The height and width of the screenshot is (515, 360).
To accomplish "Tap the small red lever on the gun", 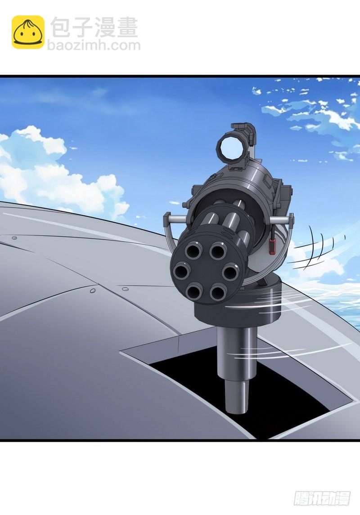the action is [272, 246].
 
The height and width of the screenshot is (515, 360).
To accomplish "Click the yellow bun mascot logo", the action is [28, 32].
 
